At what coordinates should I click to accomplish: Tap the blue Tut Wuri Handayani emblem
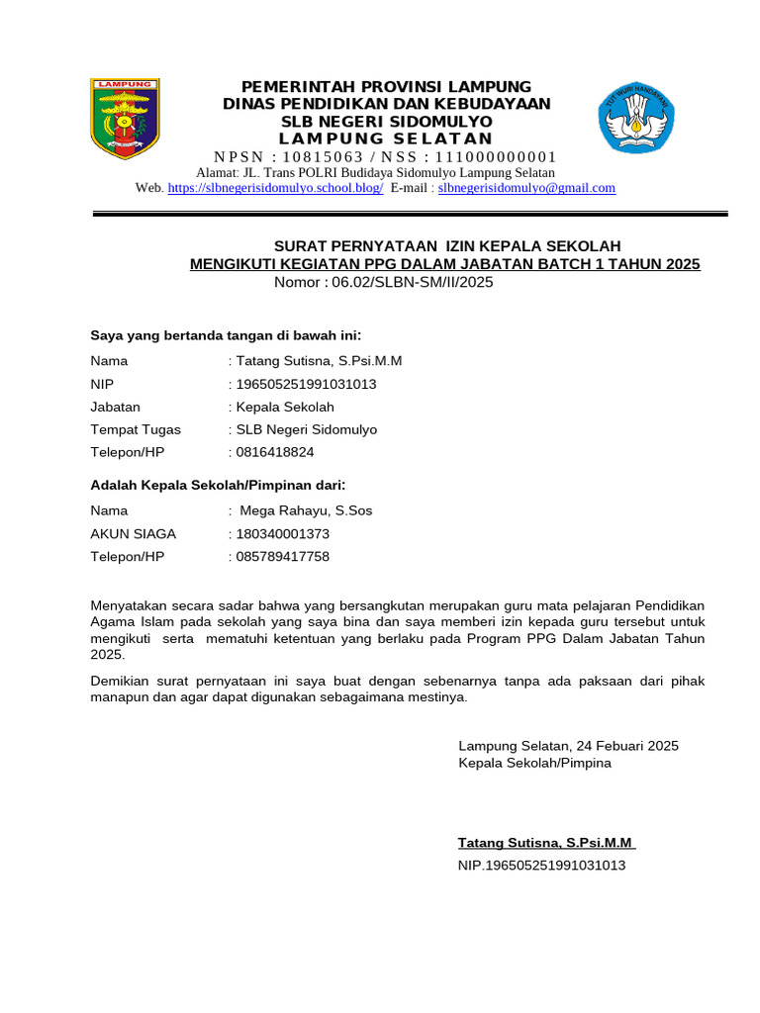pyautogui.click(x=636, y=118)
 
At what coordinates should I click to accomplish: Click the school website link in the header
pyautogui.click(x=275, y=188)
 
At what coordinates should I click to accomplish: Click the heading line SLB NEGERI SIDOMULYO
pyautogui.click(x=387, y=122)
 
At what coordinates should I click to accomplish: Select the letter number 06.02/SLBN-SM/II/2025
pyautogui.click(x=412, y=283)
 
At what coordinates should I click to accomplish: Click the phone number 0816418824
pyautogui.click(x=274, y=453)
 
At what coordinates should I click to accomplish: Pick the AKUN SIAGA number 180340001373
pyautogui.click(x=281, y=534)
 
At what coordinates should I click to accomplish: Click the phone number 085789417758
pyautogui.click(x=281, y=557)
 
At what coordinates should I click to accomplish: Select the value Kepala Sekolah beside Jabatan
pyautogui.click(x=284, y=407)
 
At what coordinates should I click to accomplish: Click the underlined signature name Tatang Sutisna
pyautogui.click(x=546, y=843)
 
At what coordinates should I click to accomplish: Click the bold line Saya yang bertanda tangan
pyautogui.click(x=226, y=335)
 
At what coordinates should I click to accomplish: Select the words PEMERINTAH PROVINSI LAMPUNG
pyautogui.click(x=387, y=86)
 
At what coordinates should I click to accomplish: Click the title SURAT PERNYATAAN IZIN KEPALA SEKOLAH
pyautogui.click(x=446, y=245)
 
